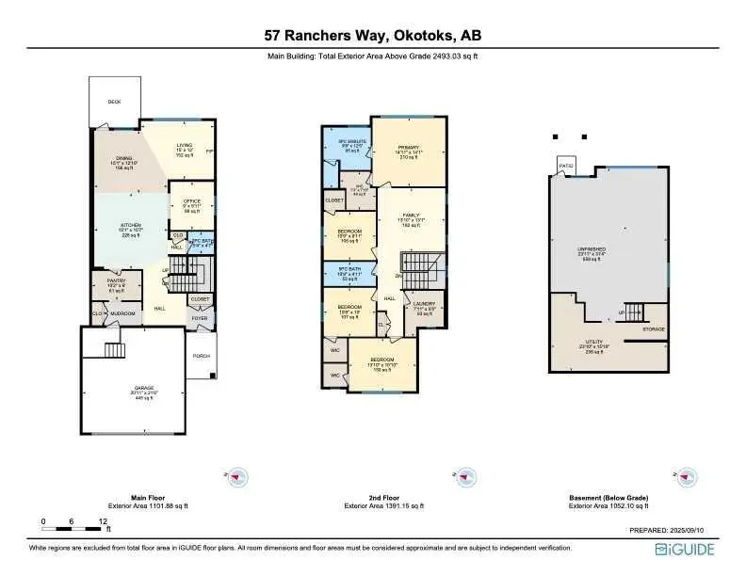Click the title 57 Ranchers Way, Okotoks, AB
tap(373, 36)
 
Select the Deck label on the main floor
tap(114, 101)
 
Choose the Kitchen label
tap(130, 225)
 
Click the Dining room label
tap(124, 158)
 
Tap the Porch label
tap(201, 356)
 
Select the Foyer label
tap(200, 318)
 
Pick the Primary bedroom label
tap(408, 148)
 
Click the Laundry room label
tap(423, 304)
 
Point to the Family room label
tap(411, 216)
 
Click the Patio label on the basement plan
tap(565, 166)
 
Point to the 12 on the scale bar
tap(102, 520)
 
